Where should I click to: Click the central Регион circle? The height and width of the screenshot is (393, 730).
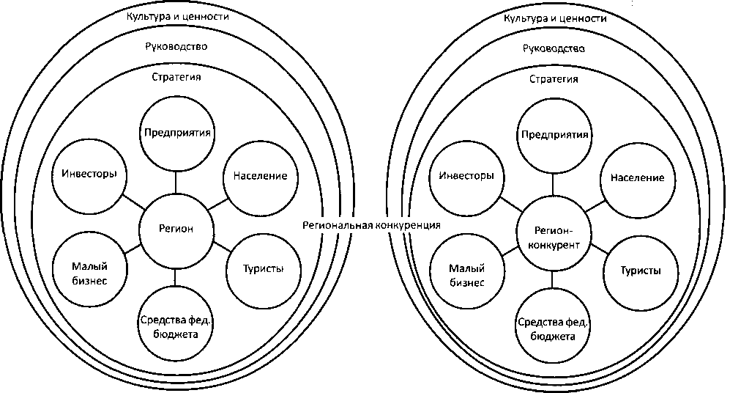(x=176, y=229)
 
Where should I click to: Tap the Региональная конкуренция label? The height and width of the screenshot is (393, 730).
(x=371, y=225)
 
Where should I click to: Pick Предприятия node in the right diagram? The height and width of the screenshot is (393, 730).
(x=554, y=135)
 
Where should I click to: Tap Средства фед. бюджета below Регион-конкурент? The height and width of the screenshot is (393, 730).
(x=553, y=328)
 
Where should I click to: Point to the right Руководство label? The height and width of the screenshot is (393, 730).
(x=553, y=48)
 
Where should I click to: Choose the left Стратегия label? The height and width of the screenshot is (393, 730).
(x=175, y=76)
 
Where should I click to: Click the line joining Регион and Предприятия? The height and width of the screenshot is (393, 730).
(x=176, y=181)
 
